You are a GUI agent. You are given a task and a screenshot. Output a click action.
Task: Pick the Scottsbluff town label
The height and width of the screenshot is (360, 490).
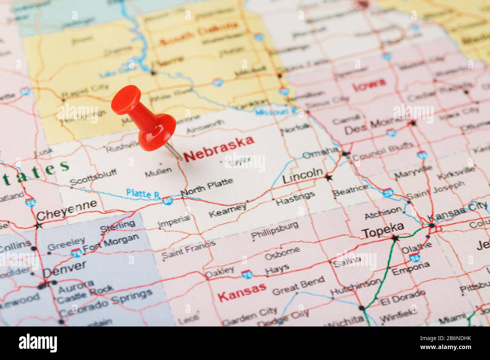pos(93,177)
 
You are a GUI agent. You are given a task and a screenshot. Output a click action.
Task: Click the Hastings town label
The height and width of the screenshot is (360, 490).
pos(295,198)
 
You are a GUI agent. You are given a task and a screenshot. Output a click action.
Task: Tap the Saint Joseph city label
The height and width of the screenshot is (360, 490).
pos(435,190)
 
